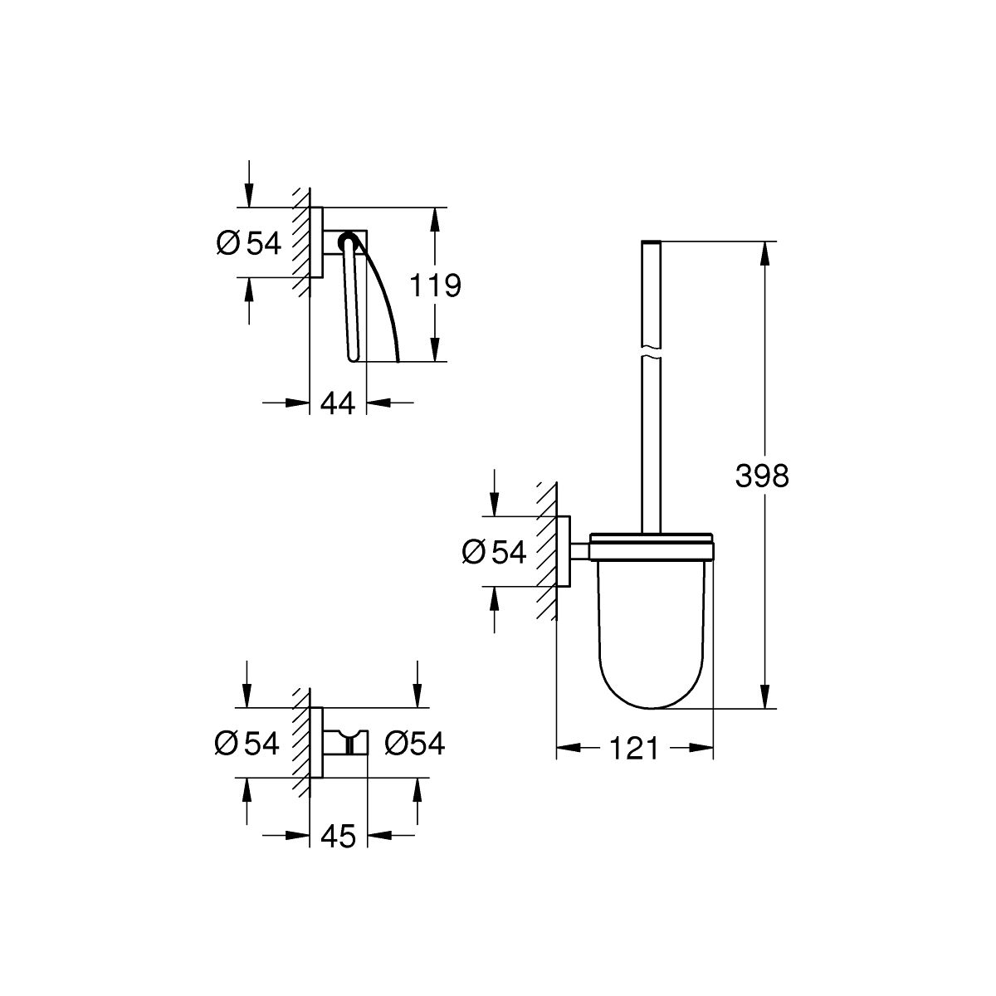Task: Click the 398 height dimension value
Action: [762, 476]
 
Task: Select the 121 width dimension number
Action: [634, 748]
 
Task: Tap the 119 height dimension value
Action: [435, 286]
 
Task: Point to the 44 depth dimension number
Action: [338, 403]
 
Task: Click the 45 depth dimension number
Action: [339, 836]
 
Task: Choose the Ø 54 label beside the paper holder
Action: [249, 243]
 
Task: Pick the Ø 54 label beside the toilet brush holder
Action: [494, 551]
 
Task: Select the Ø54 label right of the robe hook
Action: [414, 744]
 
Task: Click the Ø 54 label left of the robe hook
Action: [247, 744]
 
